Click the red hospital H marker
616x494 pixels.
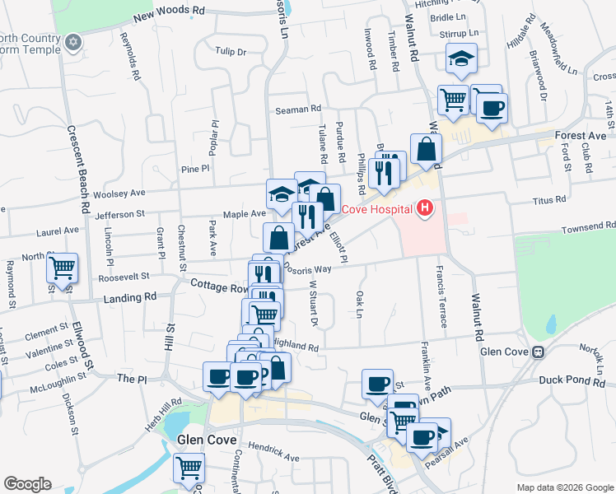[x=424, y=209]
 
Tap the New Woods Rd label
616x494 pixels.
[x=168, y=12]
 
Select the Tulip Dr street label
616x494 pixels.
[x=231, y=51]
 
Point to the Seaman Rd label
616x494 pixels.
[x=297, y=109]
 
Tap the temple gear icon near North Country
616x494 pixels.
[x=73, y=42]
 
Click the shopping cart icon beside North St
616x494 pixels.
[x=62, y=268]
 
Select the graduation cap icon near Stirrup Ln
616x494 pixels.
[x=461, y=58]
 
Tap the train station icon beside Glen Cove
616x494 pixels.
[x=539, y=352]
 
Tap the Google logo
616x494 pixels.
[x=27, y=483]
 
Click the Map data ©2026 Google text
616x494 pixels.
[x=565, y=487]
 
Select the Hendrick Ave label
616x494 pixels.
[x=274, y=454]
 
